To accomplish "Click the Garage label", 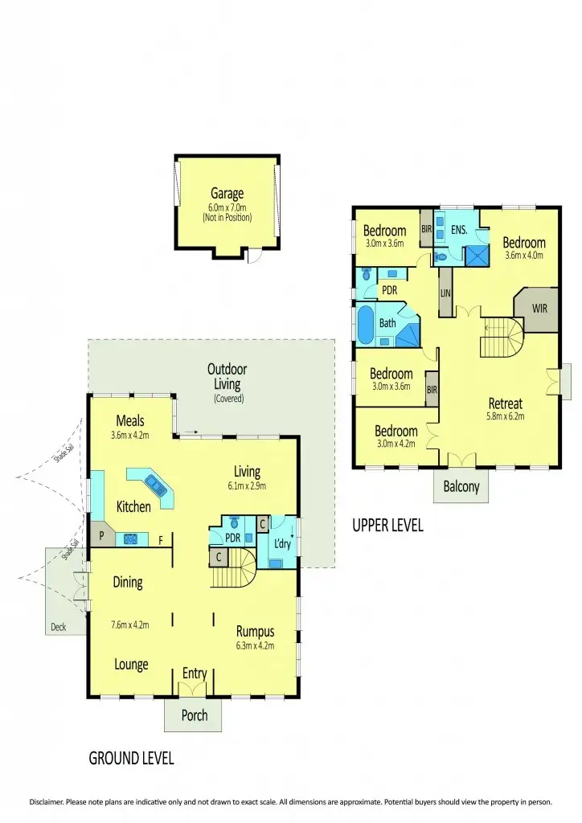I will coord(227,193).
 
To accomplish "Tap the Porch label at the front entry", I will coord(194,715).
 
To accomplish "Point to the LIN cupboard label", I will coord(445,293).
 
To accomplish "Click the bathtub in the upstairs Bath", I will coord(365,326).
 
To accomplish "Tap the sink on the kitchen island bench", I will coord(156,485).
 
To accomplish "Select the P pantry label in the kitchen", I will coord(101,535).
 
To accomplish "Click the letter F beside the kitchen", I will coord(161,540).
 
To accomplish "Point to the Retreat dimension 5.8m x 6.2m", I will coord(505,416).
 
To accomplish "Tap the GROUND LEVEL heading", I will coord(131,758).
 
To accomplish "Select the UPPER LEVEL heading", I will coord(387,526).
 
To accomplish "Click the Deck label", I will coord(58,627).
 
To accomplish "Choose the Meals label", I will coord(129,420).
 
